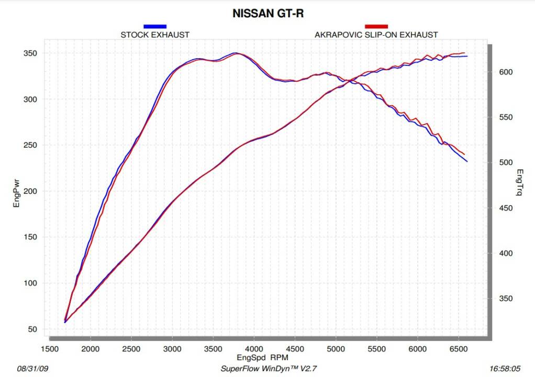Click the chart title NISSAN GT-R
click(x=268, y=14)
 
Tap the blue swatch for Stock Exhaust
click(x=155, y=26)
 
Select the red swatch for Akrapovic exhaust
click(x=376, y=26)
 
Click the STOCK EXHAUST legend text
click(x=155, y=35)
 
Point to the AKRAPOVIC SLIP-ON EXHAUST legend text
click(x=376, y=35)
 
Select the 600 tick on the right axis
click(x=504, y=72)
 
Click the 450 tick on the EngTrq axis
click(x=504, y=208)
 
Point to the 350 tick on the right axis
click(x=504, y=299)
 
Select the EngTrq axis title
click(x=519, y=182)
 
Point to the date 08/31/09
click(x=31, y=368)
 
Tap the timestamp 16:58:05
click(x=504, y=368)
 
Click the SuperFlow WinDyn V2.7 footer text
click(x=262, y=368)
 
